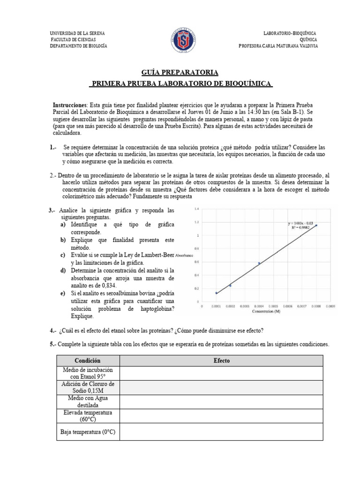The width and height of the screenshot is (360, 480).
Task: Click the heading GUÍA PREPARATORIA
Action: click(x=180, y=73)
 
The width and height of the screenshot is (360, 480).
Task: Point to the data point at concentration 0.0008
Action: click(x=316, y=225)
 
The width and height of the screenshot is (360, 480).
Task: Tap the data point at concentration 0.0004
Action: click(x=259, y=263)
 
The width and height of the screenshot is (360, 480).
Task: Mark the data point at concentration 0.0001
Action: click(x=216, y=293)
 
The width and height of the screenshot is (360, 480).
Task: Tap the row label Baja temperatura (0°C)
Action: click(x=88, y=431)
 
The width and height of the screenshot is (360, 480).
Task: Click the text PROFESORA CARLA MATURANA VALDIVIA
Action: click(x=277, y=46)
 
